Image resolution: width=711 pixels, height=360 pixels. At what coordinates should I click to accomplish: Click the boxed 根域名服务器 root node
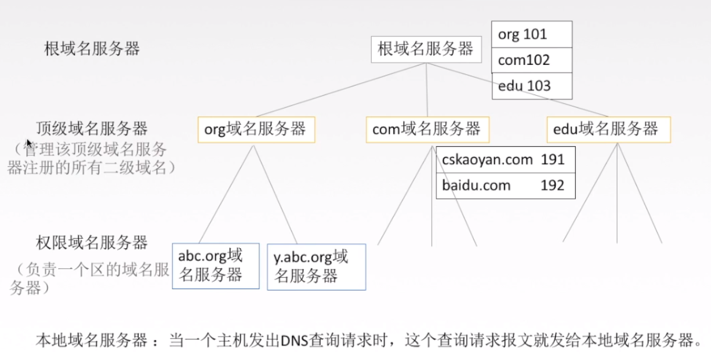(x=426, y=49)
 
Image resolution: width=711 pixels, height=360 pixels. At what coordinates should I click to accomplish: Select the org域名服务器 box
(x=256, y=129)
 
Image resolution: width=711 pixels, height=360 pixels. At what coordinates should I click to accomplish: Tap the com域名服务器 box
(x=427, y=129)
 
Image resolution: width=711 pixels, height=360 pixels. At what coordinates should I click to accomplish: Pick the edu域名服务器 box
(x=608, y=129)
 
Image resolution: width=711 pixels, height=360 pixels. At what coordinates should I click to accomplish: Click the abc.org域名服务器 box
(x=215, y=266)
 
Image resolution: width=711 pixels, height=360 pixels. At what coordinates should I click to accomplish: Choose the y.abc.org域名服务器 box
(x=316, y=267)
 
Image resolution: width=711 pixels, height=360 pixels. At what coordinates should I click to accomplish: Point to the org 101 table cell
(x=531, y=35)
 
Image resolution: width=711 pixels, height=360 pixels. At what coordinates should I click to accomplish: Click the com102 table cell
(x=531, y=60)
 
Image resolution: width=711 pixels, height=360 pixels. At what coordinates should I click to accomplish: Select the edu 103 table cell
(x=531, y=86)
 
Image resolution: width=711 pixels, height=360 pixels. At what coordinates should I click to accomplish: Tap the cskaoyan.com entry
(x=487, y=159)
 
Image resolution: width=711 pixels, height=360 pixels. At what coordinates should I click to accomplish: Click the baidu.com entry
(x=476, y=186)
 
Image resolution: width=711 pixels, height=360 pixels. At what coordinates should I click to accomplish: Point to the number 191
(x=553, y=159)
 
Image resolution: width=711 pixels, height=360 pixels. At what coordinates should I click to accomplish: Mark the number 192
(x=553, y=186)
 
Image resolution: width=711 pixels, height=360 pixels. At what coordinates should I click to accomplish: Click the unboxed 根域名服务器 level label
(x=92, y=49)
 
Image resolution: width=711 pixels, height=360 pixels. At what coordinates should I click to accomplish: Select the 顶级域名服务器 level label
(x=92, y=128)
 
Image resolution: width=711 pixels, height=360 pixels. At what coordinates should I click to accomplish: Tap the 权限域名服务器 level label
(x=92, y=242)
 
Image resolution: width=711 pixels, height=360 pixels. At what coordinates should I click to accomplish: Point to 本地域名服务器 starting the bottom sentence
(x=92, y=340)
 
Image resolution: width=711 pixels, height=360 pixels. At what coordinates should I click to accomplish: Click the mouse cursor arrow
(x=28, y=143)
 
